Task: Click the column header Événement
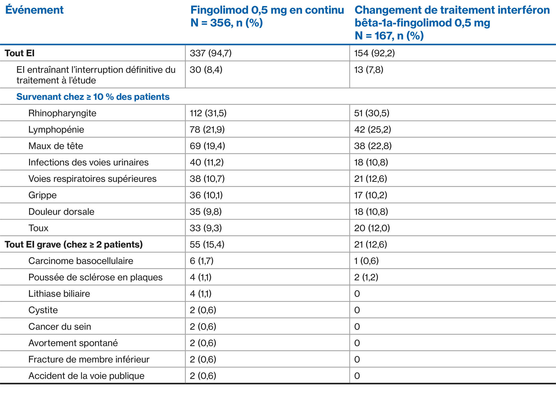[x=34, y=10]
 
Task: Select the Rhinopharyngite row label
[x=62, y=113]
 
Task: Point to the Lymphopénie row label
[x=56, y=129]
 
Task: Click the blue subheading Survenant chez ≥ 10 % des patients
[x=93, y=97]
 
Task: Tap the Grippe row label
[x=43, y=195]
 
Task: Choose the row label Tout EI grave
[x=74, y=244]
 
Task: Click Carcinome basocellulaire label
[x=81, y=261]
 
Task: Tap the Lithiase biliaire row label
[x=59, y=294]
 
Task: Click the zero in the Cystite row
[x=357, y=310]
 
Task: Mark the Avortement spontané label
[x=73, y=343]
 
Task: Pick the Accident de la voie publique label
[x=86, y=376]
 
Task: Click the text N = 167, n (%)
[x=389, y=36]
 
